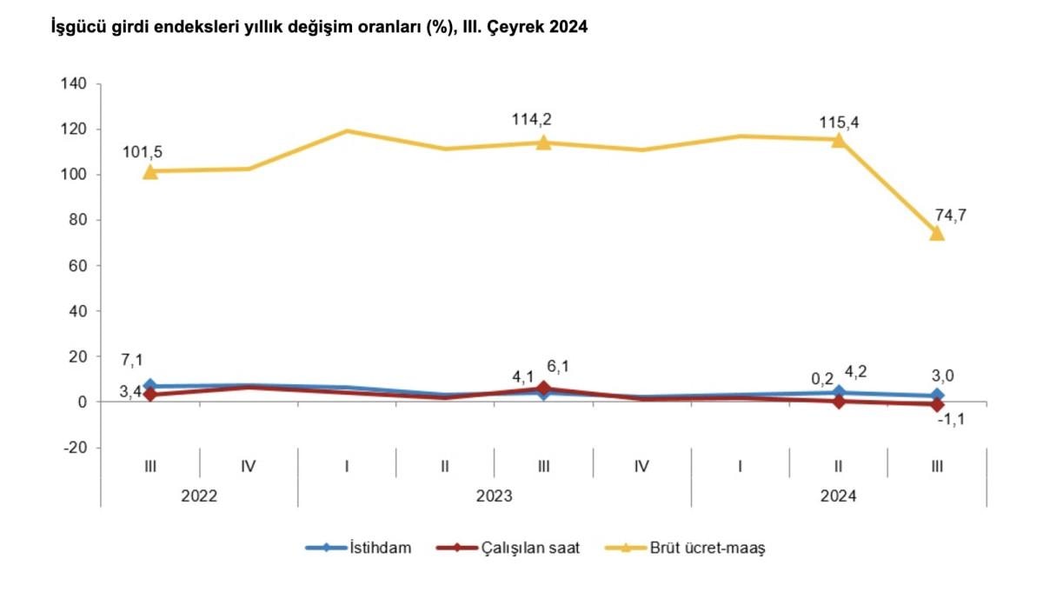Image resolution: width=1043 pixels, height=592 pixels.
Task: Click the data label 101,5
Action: pyautogui.click(x=144, y=152)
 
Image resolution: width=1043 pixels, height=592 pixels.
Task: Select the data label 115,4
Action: pyautogui.click(x=838, y=122)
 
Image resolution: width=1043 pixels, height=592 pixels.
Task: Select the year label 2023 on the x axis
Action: pyautogui.click(x=494, y=496)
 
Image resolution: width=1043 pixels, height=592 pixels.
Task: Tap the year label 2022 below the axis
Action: pyautogui.click(x=199, y=496)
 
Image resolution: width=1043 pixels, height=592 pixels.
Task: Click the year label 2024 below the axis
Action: pyautogui.click(x=838, y=496)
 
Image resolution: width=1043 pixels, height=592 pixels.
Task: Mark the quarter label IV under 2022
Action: pyautogui.click(x=248, y=467)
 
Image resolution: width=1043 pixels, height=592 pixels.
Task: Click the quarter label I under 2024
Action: pyautogui.click(x=740, y=467)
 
